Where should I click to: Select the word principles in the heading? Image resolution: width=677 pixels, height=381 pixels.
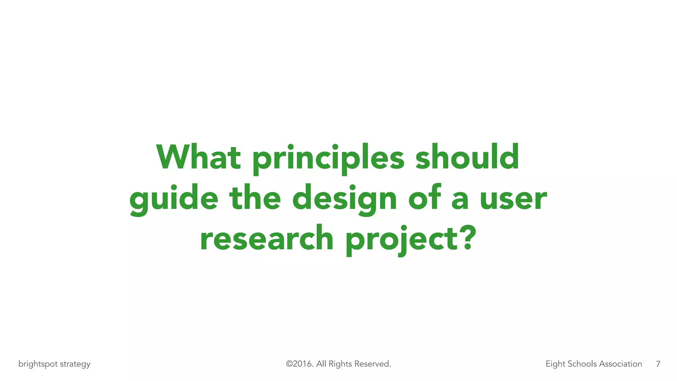pos(328,159)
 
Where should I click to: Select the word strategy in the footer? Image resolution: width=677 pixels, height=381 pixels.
pos(75,364)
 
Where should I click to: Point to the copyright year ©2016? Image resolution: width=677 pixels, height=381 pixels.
pos(299,364)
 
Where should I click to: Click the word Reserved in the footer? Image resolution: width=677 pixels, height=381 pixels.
pos(373,364)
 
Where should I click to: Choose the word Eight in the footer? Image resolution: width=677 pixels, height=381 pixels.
pos(555,364)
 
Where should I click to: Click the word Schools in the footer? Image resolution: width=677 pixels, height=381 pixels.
pos(582,364)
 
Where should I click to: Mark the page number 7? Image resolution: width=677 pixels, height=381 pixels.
pos(658,364)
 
